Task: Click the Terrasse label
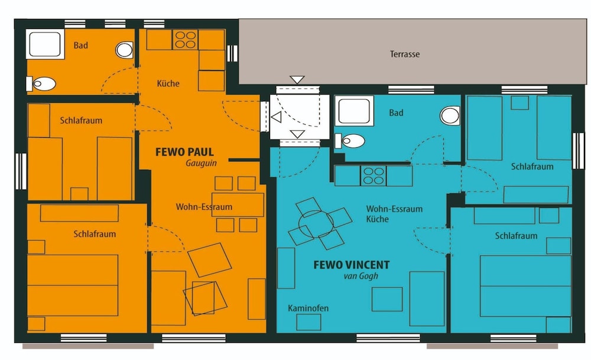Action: (x=404, y=54)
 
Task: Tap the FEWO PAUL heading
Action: (x=184, y=153)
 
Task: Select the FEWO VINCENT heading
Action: (x=352, y=265)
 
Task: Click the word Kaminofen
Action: (x=308, y=309)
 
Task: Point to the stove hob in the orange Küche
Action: (x=186, y=40)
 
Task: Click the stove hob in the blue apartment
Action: (x=374, y=176)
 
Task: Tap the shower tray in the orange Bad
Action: (x=46, y=44)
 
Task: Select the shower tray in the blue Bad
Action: (x=354, y=111)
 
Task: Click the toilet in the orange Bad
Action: (x=41, y=84)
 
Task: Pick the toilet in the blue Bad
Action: (x=350, y=141)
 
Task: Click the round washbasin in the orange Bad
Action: (x=124, y=50)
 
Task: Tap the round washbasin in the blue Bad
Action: (x=450, y=116)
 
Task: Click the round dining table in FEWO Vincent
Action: (x=316, y=224)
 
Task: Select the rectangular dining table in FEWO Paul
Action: (x=238, y=205)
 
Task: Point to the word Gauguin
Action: (x=202, y=163)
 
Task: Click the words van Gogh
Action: (x=361, y=276)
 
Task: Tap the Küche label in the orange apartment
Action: (x=168, y=83)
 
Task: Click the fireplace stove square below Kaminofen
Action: (x=309, y=322)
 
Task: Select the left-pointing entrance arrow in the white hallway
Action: (x=276, y=117)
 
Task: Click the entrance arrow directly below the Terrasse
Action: (x=297, y=80)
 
